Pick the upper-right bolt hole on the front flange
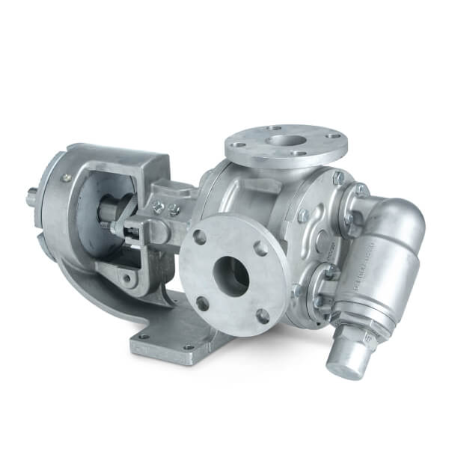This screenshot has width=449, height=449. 262,248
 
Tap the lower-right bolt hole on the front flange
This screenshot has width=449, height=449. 263,315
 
